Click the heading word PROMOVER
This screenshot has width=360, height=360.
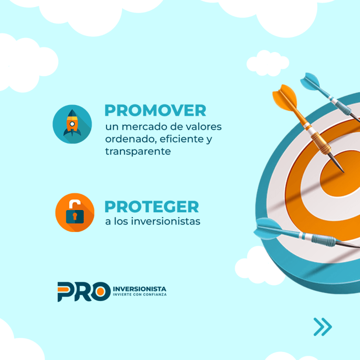pos(155,111)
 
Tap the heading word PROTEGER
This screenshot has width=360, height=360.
pos(151,207)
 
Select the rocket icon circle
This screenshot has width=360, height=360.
pos(72,124)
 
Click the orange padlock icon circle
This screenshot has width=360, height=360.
pos(75,212)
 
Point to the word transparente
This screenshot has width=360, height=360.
pos(138,151)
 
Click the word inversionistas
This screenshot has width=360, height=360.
pos(165,221)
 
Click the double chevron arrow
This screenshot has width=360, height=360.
pos(322,327)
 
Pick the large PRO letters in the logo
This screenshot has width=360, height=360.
pos(84,292)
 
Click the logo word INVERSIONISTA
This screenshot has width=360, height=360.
pos(140,289)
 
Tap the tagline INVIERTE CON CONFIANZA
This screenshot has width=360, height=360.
pos(140,294)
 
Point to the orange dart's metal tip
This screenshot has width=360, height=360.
pos(337,164)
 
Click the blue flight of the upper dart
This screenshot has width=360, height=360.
pos(310,81)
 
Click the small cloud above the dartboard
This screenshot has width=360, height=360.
pos(268,63)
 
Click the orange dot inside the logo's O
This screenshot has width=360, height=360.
pos(100,292)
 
